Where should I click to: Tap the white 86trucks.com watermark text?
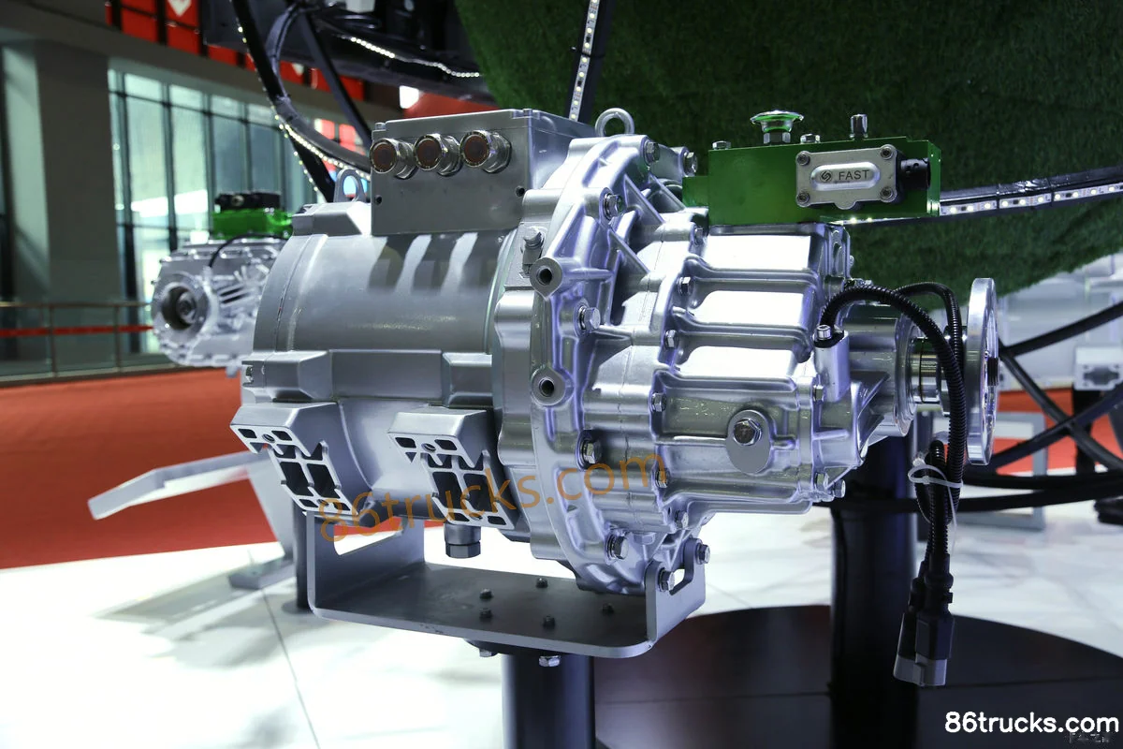[x=1031, y=723]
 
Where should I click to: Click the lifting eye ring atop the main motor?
[x=615, y=122]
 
